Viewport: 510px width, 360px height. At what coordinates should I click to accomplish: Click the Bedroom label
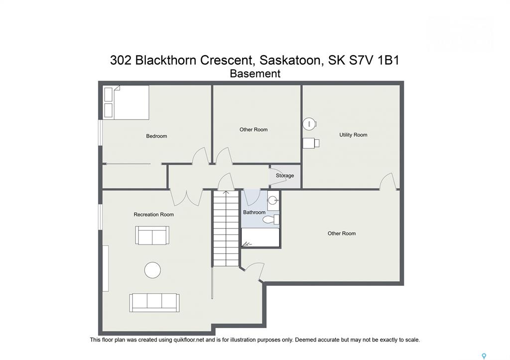pos(156,136)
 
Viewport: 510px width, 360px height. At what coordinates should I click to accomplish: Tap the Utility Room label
pos(353,134)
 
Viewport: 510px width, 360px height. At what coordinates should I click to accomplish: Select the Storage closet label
pos(285,176)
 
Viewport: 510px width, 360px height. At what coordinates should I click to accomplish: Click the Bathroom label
pos(255,212)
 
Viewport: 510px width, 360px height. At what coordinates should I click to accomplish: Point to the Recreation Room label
pos(153,214)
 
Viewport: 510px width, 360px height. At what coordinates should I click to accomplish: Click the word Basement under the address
pos(255,74)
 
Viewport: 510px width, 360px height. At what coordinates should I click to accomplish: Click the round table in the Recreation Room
pos(152,270)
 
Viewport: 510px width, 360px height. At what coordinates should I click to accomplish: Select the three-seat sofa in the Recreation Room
pos(154,303)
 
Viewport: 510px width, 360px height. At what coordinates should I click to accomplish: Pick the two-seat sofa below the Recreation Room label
pos(152,235)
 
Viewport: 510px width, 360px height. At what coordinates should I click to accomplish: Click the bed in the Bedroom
pos(126,102)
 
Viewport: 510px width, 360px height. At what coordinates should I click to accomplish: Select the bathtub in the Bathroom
pos(260,238)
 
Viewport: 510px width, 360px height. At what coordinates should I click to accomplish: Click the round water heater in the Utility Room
pos(309,123)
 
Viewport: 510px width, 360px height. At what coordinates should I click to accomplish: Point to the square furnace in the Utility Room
pos(311,143)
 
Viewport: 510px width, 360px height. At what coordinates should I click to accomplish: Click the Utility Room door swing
pos(387,181)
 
